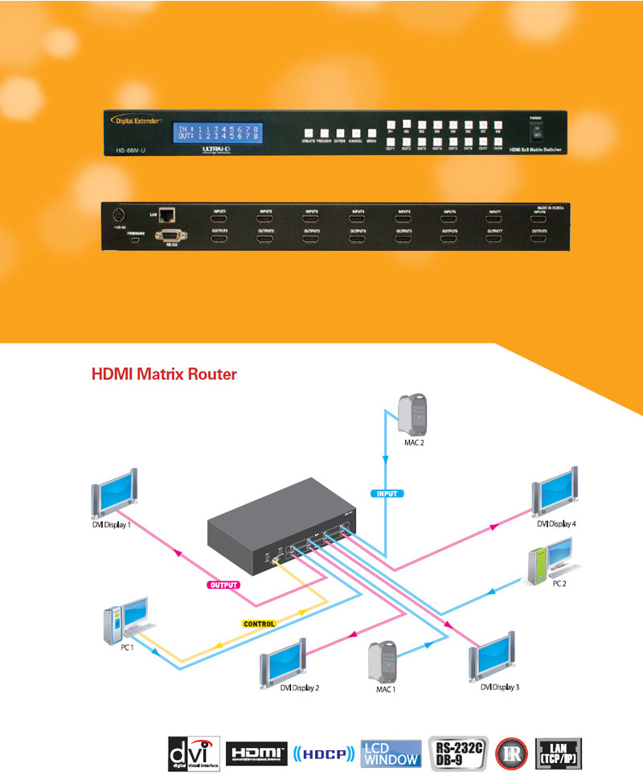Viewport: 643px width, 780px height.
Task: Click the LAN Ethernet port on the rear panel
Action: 167,214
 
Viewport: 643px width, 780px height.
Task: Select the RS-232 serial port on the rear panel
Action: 171,235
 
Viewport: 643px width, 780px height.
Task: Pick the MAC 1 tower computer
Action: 380,663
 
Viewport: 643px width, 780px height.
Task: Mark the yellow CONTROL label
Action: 259,623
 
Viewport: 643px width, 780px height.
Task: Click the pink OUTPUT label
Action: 224,585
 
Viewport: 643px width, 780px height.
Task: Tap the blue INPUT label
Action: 387,492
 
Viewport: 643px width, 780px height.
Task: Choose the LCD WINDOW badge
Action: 391,754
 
